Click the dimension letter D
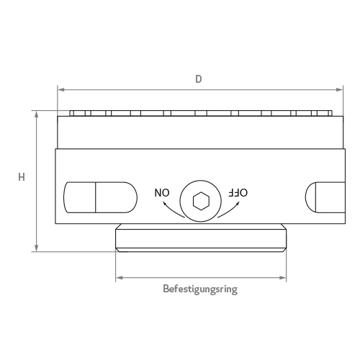(x=199, y=78)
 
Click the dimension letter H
(x=22, y=176)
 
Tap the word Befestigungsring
(x=200, y=289)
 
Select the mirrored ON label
(x=163, y=192)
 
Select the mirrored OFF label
(x=238, y=192)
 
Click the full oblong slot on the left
(x=100, y=197)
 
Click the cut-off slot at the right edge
(x=324, y=197)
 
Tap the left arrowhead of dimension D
(x=60, y=90)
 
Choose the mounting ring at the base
(x=201, y=238)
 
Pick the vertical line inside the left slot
(x=96, y=197)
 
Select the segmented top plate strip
(x=202, y=114)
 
